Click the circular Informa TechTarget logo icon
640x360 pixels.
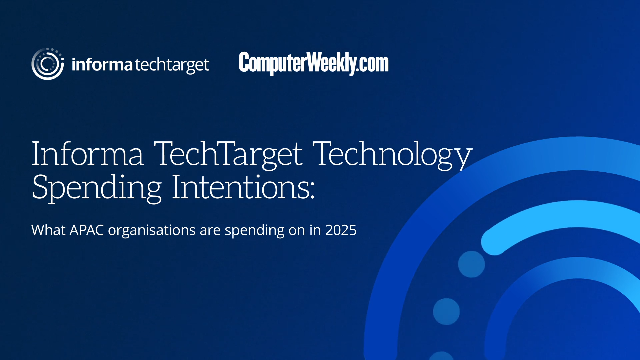tap(46, 64)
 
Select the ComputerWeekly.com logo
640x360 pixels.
tap(313, 63)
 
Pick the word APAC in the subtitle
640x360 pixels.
tap(91, 230)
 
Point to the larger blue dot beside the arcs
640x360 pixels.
tap(471, 264)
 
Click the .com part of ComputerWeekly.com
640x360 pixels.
tap(370, 63)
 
